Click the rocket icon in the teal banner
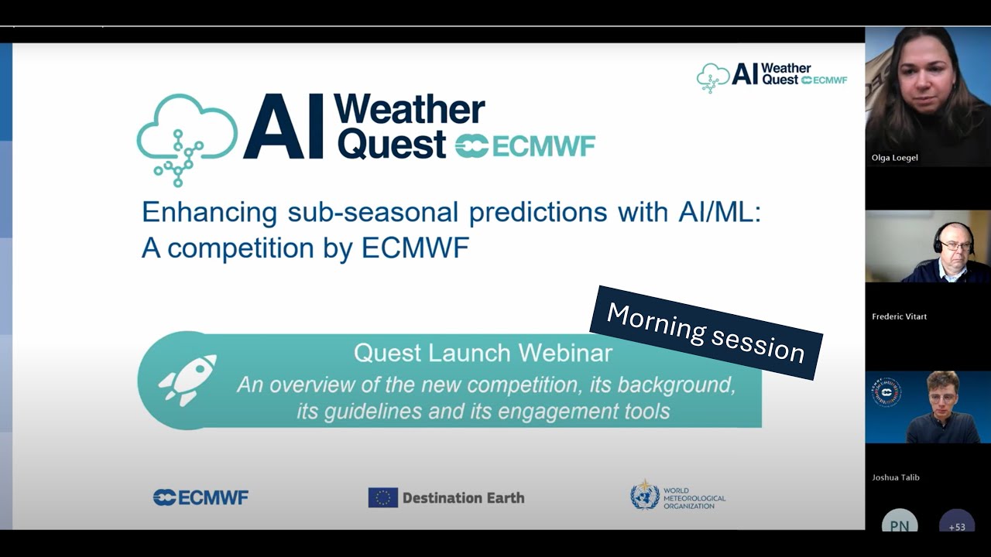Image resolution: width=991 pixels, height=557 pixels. click(187, 380)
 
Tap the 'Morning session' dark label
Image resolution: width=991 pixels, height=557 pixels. click(705, 333)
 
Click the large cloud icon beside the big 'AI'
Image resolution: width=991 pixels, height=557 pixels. click(186, 138)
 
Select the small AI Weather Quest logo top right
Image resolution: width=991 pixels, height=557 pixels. click(771, 77)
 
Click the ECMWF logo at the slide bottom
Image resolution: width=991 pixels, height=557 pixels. click(201, 497)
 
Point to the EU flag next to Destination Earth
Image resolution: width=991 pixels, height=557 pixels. click(382, 497)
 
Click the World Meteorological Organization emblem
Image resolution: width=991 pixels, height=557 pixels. click(644, 495)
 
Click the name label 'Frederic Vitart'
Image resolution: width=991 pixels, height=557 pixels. click(899, 316)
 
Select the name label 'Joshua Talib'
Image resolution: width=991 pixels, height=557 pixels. click(896, 477)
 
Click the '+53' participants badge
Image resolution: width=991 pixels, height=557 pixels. click(957, 525)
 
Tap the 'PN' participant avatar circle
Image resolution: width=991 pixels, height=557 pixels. click(899, 525)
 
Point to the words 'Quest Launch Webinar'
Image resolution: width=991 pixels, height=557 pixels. click(482, 354)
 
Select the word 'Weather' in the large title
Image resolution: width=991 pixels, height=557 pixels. click(409, 111)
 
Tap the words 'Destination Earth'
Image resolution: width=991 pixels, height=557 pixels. click(463, 498)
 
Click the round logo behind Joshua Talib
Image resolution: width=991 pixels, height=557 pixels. click(886, 392)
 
